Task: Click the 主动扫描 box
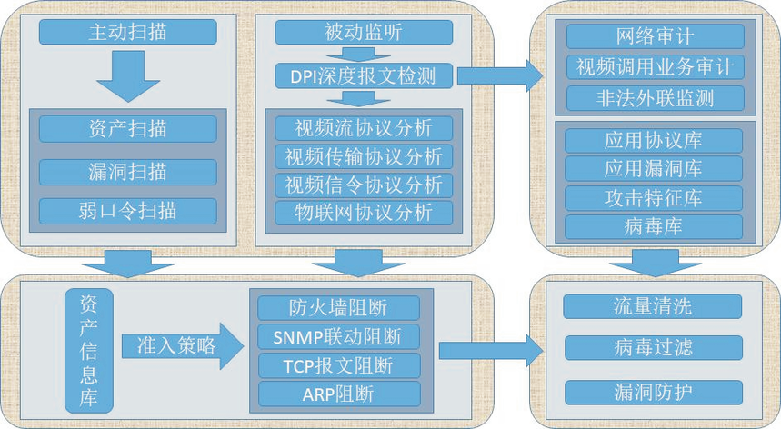128,34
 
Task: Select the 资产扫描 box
128,128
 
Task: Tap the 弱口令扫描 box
128,212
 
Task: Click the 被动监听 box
364,34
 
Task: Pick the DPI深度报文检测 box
364,75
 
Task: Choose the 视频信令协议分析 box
364,185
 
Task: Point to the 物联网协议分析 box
364,213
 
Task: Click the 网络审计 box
656,36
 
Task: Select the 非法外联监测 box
656,97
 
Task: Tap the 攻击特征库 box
654,197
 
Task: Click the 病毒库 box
654,226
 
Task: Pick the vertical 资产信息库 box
89,350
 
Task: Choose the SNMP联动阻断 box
339,336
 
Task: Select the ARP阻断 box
339,394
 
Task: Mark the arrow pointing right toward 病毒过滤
491,350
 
